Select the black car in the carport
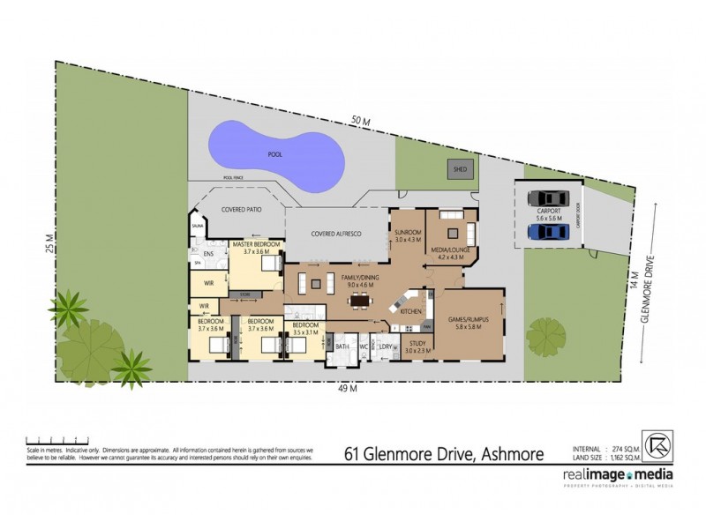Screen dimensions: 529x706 (x=547, y=198)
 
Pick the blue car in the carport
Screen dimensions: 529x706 (x=547, y=232)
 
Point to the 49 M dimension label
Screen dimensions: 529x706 (x=349, y=388)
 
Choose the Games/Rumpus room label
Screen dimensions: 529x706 (x=473, y=322)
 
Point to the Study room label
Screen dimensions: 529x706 (x=417, y=345)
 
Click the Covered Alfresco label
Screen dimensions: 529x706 (x=336, y=233)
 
